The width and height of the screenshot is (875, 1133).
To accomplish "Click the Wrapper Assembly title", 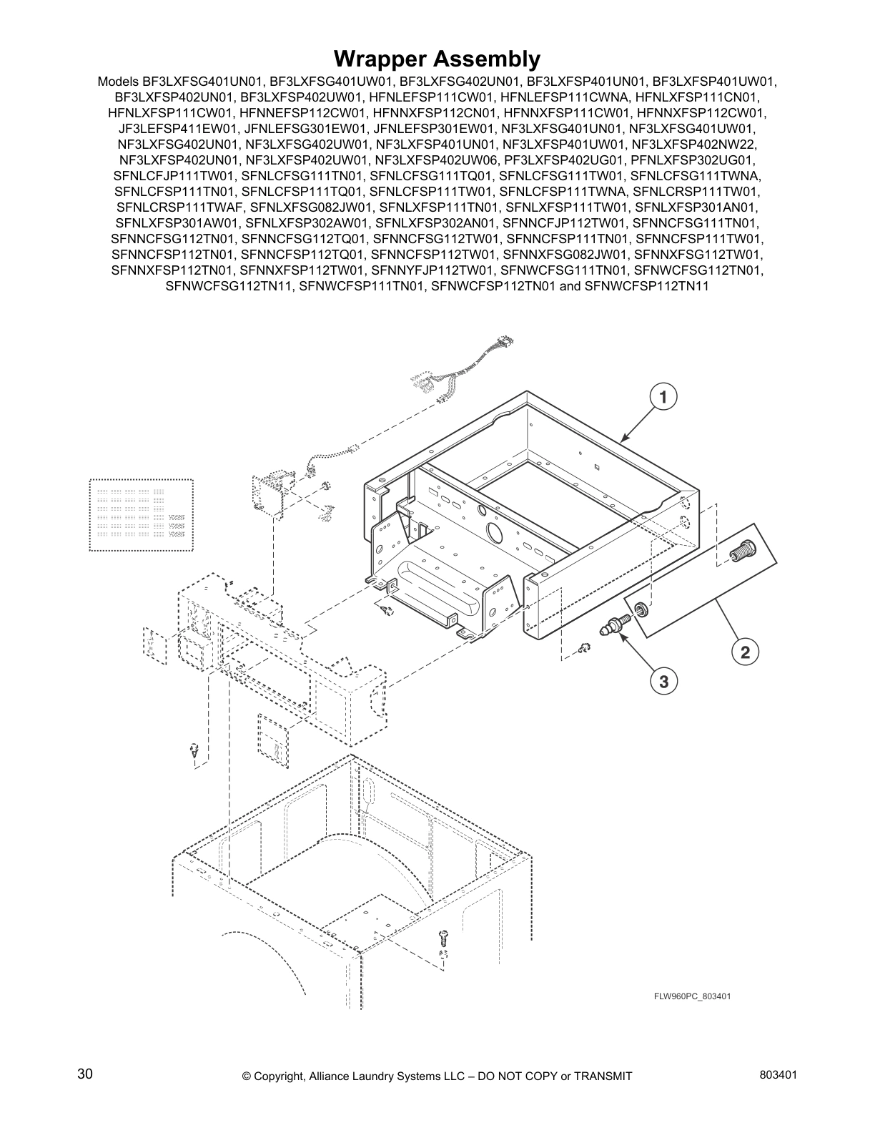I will pyautogui.click(x=437, y=58).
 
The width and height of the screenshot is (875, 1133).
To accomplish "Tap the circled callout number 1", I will pyautogui.click(x=663, y=396).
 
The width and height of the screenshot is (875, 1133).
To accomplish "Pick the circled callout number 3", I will pyautogui.click(x=663, y=682).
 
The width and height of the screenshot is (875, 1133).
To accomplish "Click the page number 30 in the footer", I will pyautogui.click(x=84, y=1074).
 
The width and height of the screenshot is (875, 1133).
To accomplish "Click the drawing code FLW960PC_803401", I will pyautogui.click(x=691, y=996).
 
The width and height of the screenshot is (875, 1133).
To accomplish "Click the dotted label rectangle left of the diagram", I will pyautogui.click(x=141, y=515).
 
